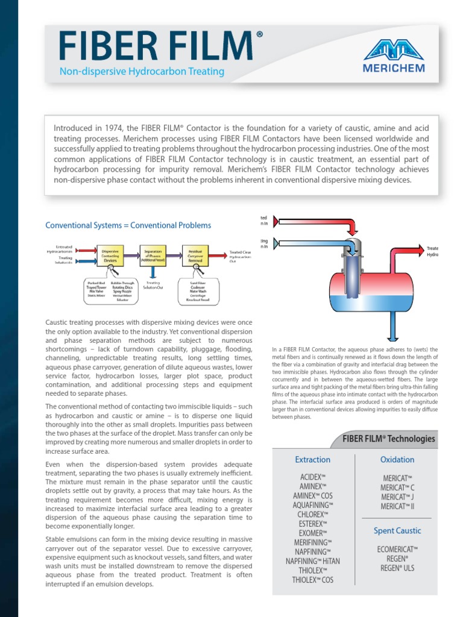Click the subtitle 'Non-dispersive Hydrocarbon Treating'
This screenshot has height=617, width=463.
tap(142, 72)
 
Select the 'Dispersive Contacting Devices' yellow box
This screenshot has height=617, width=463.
tap(110, 255)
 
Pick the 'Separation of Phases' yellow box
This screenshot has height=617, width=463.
tap(153, 255)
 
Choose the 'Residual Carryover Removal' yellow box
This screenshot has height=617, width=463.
tap(195, 255)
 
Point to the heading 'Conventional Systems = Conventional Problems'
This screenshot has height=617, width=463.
tap(128, 225)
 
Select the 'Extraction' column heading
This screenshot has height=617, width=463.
tap(312, 460)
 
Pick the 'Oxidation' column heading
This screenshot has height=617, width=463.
tap(397, 460)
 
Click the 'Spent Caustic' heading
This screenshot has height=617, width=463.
tap(397, 531)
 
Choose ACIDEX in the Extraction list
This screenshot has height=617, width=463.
tap(312, 477)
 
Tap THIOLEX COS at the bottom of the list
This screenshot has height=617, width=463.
tap(312, 580)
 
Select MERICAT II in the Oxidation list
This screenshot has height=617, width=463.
tap(397, 507)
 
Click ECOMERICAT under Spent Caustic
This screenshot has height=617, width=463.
tap(397, 549)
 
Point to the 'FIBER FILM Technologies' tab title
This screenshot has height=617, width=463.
tap(388, 439)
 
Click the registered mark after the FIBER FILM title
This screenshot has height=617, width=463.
tap(259, 35)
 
